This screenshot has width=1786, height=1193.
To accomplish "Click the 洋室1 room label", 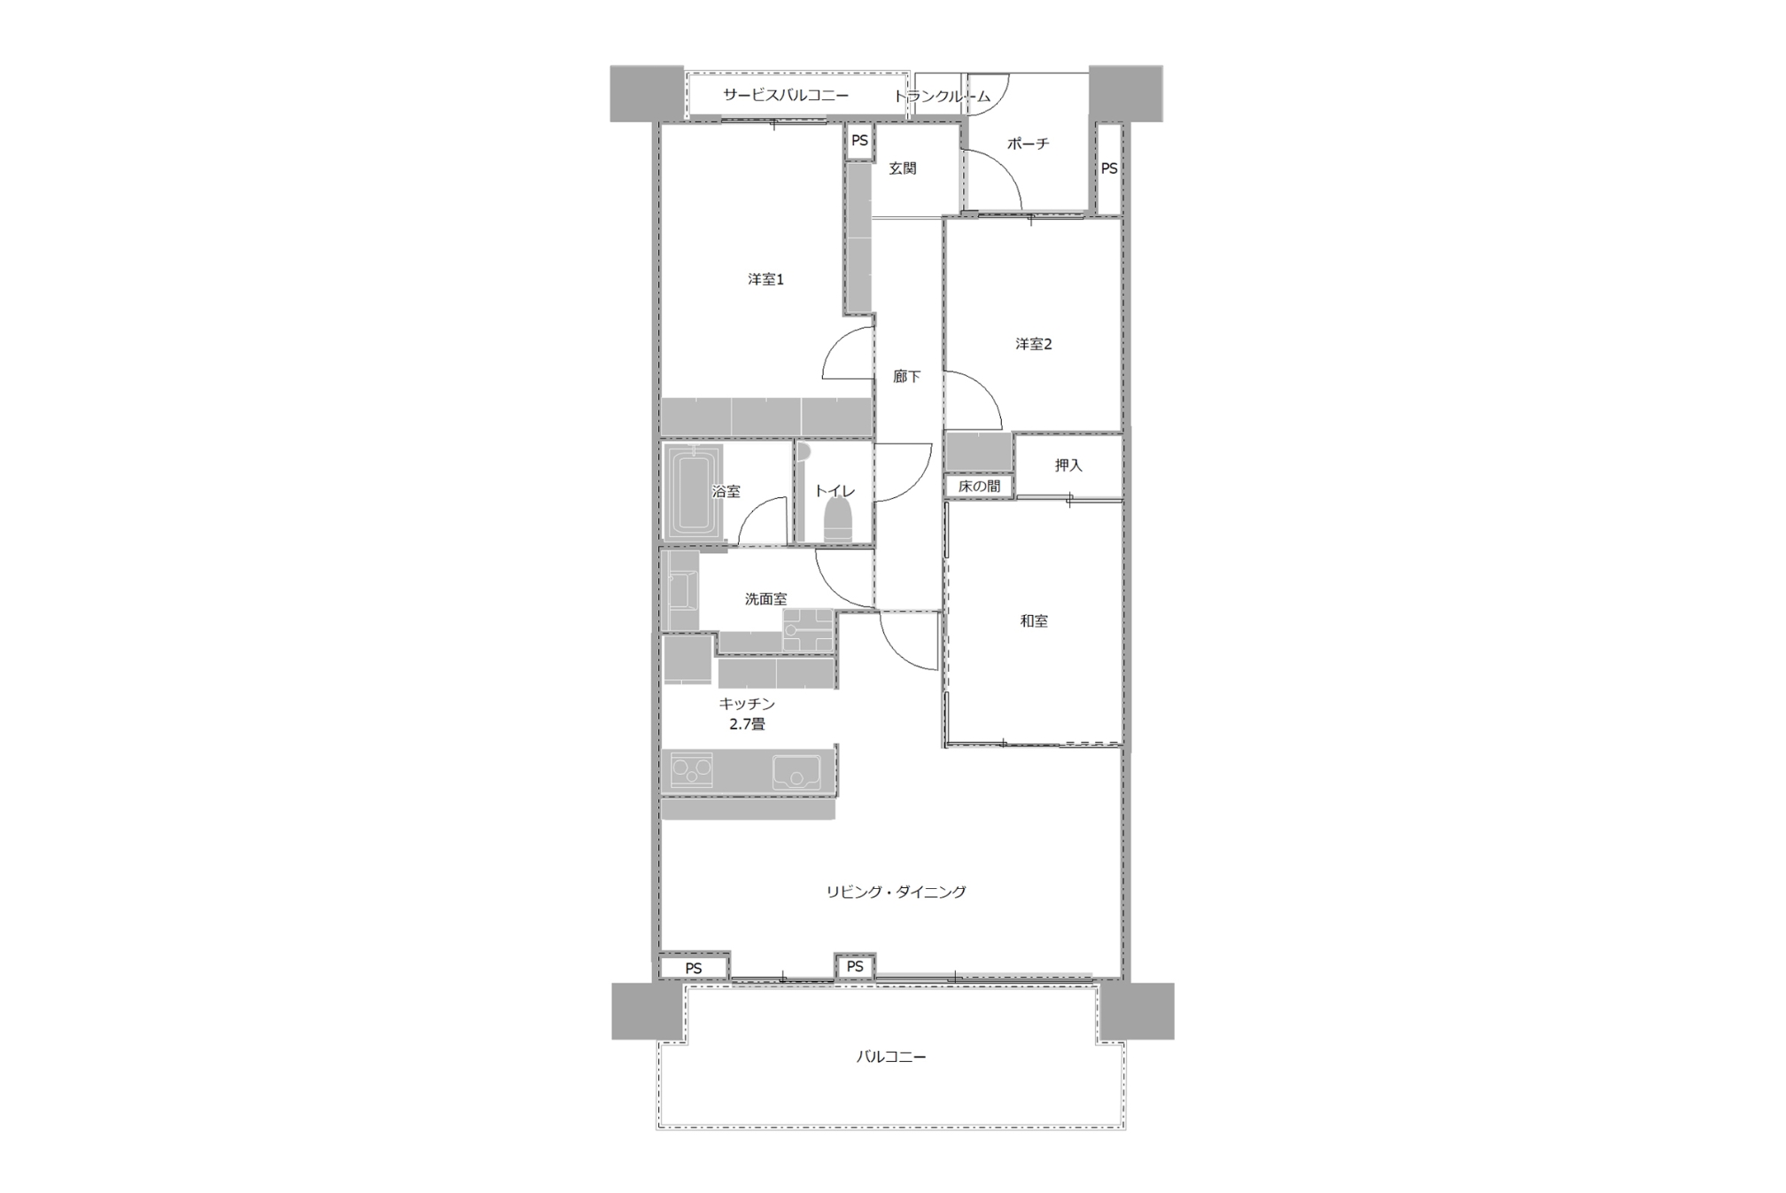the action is click(x=765, y=279).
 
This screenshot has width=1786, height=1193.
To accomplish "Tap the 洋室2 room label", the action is click(x=1033, y=344).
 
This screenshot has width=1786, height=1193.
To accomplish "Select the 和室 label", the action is click(x=1034, y=621).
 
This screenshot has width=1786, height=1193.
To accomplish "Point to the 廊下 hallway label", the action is click(x=906, y=377).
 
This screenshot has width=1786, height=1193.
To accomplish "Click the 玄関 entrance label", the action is click(x=903, y=168).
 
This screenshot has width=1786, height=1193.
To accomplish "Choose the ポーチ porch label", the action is click(x=1028, y=144).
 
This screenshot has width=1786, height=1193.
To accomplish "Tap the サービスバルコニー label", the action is click(x=786, y=95).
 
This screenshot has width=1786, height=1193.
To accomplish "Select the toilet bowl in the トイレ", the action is click(x=838, y=520).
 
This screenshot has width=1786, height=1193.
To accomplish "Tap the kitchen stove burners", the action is click(x=692, y=770).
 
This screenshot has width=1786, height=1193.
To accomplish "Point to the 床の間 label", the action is click(x=979, y=487).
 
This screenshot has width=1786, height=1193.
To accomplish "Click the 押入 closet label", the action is click(x=1068, y=465).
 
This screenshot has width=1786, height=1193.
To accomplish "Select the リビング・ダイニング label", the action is click(x=896, y=892).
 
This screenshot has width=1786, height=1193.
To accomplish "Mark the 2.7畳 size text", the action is click(x=747, y=724).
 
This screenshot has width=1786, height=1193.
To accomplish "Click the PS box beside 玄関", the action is click(x=859, y=141).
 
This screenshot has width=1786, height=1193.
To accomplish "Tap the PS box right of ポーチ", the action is click(x=1109, y=168).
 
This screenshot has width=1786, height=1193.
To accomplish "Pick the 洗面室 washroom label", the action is click(x=765, y=599).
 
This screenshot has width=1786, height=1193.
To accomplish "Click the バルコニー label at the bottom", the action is click(x=891, y=1057).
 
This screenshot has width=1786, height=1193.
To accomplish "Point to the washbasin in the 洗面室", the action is click(x=683, y=592).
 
